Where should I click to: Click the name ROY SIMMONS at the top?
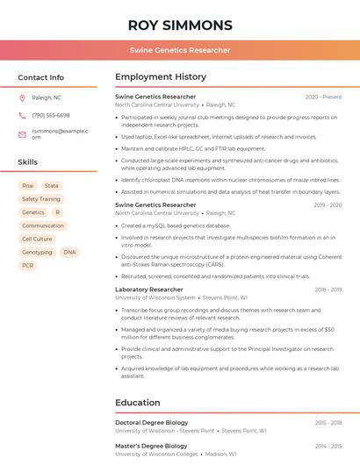[180, 25]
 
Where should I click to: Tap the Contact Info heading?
[41, 77]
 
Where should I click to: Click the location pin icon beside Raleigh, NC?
[22, 97]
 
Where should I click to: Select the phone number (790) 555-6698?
[51, 115]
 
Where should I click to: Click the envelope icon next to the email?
[22, 134]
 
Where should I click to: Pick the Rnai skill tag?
[28, 186]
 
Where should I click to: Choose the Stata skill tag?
[52, 186]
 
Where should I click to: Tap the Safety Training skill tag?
[41, 199]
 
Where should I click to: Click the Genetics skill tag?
[33, 212]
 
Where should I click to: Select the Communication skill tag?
[43, 225]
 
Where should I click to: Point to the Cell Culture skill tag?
[37, 239]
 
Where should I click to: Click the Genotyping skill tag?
[37, 252]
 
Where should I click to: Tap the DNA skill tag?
[69, 252]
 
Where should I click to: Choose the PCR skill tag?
[28, 265]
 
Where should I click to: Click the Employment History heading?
[161, 77]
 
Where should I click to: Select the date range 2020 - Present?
[323, 97]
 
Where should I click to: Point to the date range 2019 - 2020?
[328, 204]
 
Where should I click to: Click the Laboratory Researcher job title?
[149, 289]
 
